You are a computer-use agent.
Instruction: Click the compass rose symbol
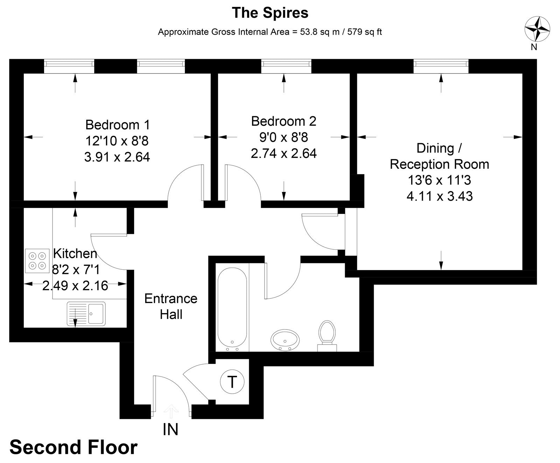click(537, 29)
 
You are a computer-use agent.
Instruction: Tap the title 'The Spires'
click(270, 13)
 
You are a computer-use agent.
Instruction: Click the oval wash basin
click(285, 340)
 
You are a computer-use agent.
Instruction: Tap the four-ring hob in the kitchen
click(37, 261)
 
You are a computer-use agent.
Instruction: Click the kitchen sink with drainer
click(86, 313)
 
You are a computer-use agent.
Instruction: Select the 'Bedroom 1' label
click(117, 125)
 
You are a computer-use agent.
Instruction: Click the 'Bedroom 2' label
click(283, 121)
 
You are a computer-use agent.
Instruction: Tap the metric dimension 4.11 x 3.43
click(440, 196)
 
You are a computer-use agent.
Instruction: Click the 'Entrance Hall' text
click(171, 306)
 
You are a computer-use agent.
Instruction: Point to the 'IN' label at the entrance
click(170, 429)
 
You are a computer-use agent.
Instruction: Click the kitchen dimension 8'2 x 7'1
click(76, 270)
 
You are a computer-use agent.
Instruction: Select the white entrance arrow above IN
click(171, 411)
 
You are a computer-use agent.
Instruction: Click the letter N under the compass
click(534, 47)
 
